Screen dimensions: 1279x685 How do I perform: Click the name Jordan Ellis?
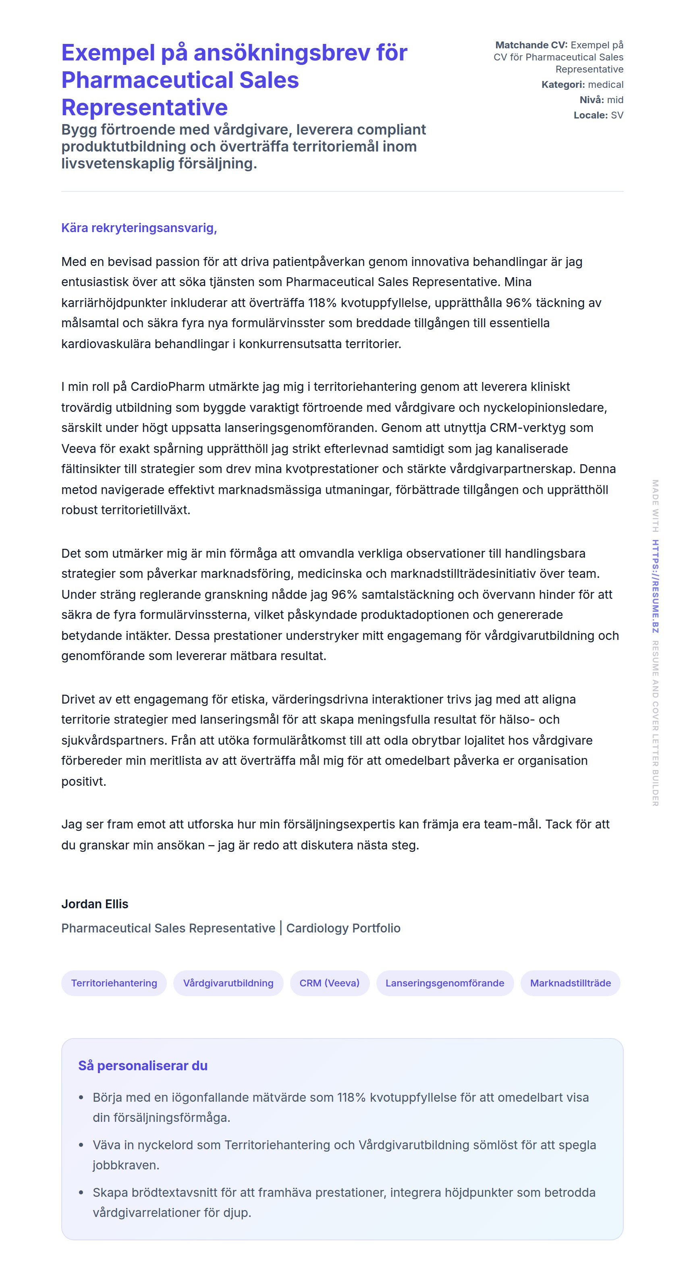(95, 903)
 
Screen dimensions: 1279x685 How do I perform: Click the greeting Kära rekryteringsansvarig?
(139, 228)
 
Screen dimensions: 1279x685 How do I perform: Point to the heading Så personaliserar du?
(143, 1065)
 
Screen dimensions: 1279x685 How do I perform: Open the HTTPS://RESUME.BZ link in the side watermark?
(655, 586)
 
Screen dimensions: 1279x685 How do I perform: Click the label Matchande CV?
(531, 45)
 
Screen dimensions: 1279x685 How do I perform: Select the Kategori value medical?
(606, 84)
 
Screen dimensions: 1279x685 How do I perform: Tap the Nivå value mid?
(615, 100)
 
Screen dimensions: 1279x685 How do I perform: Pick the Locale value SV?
(617, 115)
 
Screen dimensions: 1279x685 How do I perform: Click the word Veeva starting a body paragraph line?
(79, 448)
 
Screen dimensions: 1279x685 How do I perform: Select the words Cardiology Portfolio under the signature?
(343, 928)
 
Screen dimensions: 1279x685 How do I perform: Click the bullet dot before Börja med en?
(81, 1097)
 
